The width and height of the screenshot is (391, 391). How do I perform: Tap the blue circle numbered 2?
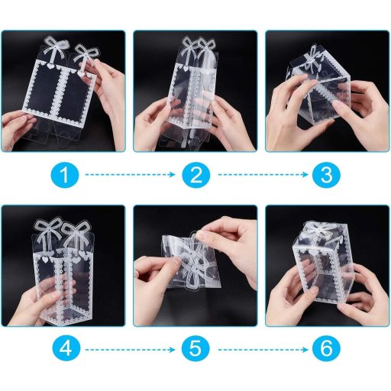coord(195,176)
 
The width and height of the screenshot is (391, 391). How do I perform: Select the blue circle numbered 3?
coord(326,176)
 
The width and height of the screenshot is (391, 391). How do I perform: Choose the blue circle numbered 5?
coord(195,351)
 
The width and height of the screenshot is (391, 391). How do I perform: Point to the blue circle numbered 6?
coord(326,351)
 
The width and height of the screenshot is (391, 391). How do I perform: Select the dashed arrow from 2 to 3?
coord(261,176)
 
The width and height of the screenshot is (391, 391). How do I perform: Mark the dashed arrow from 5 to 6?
coord(261,351)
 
